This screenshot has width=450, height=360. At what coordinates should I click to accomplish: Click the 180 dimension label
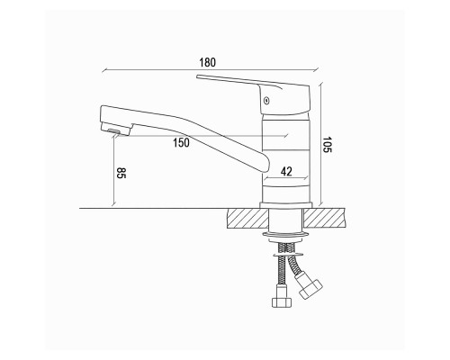pos(208,62)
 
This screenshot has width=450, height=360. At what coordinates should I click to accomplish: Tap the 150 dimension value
pos(181,143)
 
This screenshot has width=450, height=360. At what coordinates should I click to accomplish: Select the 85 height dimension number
pos(121,173)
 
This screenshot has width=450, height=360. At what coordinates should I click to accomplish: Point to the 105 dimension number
pos(328,145)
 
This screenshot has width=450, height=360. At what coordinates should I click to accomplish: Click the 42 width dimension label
pos(286,172)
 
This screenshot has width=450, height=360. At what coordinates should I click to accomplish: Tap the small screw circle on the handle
pos(265,101)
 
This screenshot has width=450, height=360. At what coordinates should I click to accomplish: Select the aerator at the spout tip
pos(115,130)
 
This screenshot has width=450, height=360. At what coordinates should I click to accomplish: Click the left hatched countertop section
pos(247,218)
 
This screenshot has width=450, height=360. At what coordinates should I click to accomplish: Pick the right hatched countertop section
pos(325,218)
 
